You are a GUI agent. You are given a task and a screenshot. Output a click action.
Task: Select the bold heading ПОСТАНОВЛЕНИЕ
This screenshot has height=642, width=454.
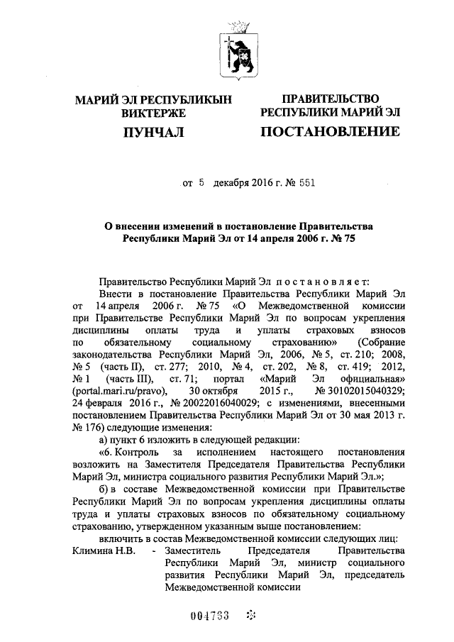tap(330, 132)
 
